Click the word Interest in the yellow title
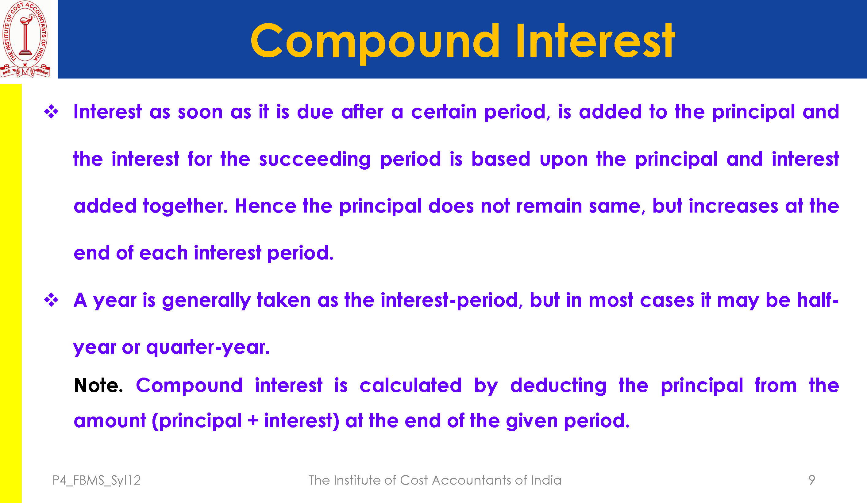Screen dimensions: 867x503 coord(595,40)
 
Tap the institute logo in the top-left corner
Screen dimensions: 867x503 coord(25,39)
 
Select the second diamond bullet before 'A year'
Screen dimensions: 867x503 coord(52,300)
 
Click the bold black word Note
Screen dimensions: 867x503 coord(98,385)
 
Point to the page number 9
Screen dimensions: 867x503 coord(811,480)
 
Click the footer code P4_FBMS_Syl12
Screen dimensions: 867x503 coord(97,480)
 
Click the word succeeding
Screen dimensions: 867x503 coord(315,159)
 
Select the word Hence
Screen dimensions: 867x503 coord(266,206)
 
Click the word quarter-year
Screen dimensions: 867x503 coord(208,347)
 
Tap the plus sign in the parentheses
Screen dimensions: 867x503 coord(253,421)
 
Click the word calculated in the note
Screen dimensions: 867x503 coord(410,385)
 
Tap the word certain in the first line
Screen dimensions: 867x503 coord(444,112)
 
